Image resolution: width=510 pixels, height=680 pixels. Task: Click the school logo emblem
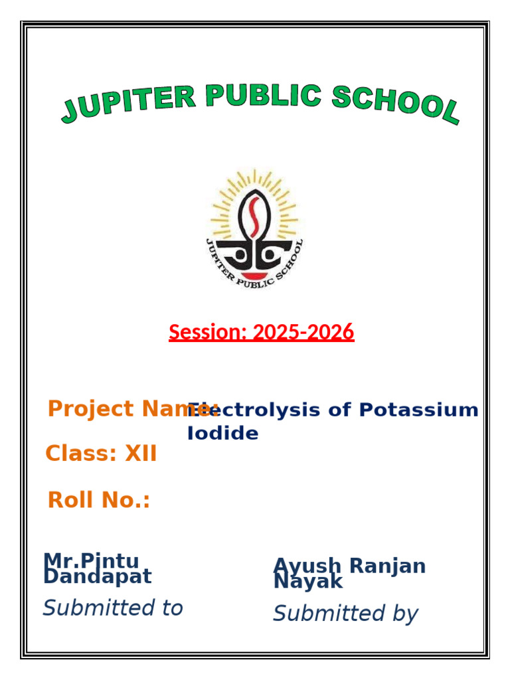(254, 228)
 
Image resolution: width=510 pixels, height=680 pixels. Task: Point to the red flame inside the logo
(254, 216)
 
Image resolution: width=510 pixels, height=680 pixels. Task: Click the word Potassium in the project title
(418, 410)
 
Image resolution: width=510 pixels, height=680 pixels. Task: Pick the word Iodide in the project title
(223, 434)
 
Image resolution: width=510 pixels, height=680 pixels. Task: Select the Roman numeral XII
(141, 454)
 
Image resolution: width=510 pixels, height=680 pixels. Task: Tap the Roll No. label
(99, 500)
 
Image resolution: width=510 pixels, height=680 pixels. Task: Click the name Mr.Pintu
(91, 562)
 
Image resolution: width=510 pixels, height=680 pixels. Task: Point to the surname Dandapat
(98, 576)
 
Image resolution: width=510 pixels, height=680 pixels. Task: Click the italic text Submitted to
(113, 608)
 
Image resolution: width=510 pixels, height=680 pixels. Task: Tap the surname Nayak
(308, 582)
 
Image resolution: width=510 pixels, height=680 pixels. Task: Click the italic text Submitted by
(345, 614)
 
